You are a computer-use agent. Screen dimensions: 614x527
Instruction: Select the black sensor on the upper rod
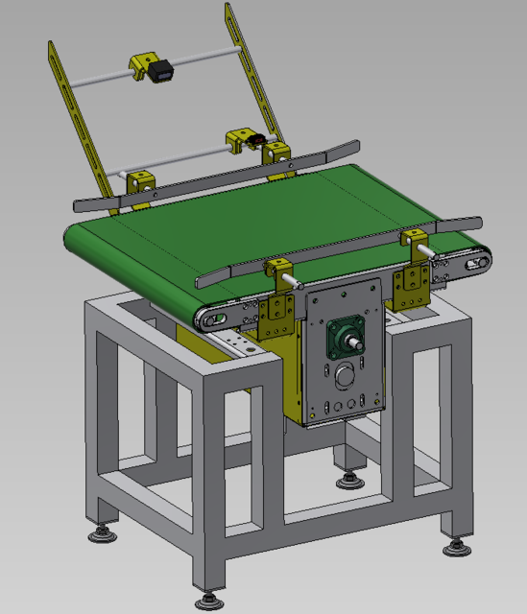(161, 69)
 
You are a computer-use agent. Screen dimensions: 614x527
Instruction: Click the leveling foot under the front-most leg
(208, 600)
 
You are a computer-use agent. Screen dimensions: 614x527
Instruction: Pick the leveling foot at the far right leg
(456, 546)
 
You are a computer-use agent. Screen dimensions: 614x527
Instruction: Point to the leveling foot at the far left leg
(100, 532)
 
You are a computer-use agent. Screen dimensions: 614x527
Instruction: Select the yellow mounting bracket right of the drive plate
(410, 285)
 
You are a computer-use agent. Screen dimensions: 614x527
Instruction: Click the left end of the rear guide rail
(77, 204)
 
